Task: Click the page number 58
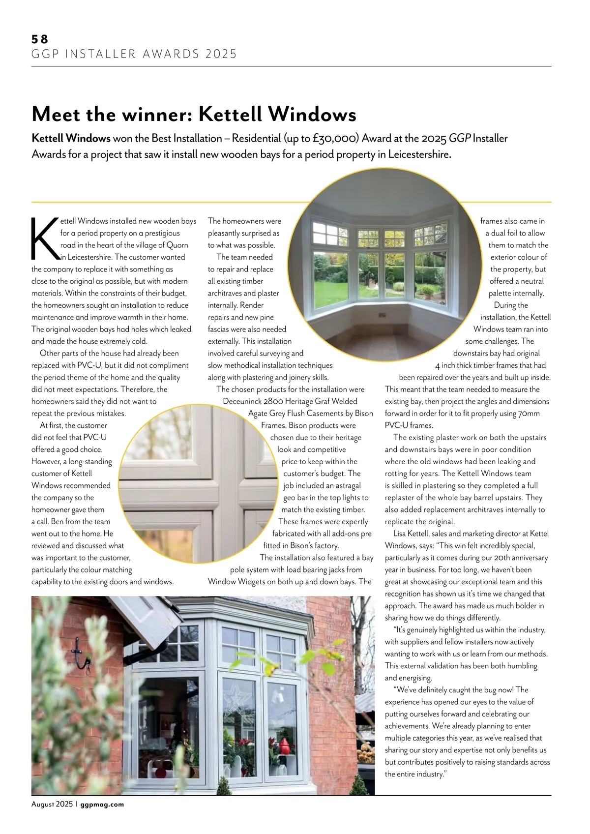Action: point(40,39)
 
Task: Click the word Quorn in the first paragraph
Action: point(177,245)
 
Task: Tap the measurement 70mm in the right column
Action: point(529,414)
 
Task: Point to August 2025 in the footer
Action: point(52,804)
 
